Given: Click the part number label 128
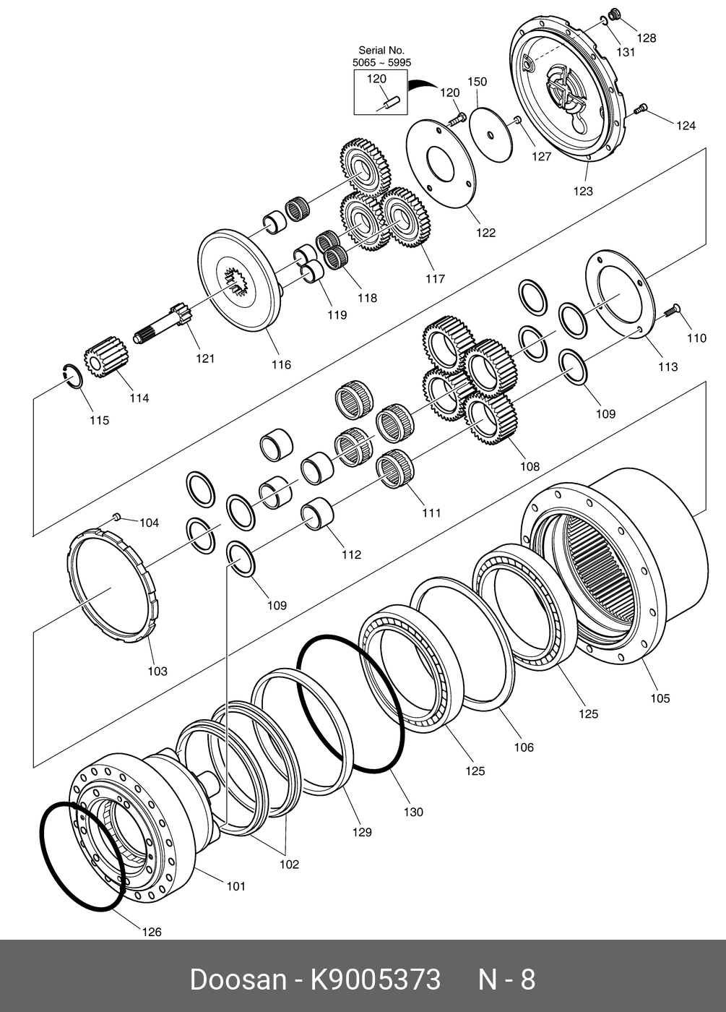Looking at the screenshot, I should (x=647, y=38).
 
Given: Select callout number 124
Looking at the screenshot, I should (x=686, y=126).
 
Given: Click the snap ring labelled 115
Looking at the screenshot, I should (x=72, y=377).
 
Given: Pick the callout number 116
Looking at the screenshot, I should (x=281, y=364).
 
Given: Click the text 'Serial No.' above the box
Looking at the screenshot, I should (x=381, y=51).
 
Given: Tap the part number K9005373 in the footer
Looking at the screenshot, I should (x=375, y=980).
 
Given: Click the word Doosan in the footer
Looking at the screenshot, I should (x=238, y=980).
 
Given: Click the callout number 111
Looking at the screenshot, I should (x=431, y=513).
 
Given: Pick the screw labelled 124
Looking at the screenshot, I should (x=639, y=110).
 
